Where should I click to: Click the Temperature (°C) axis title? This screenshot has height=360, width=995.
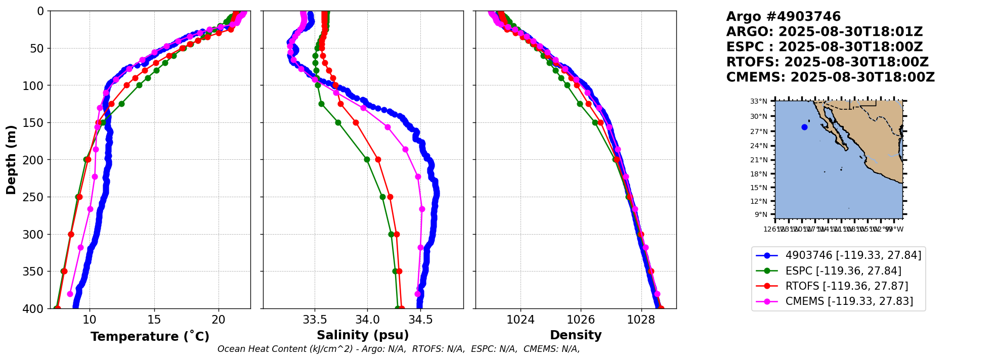pyautogui.click(x=150, y=337)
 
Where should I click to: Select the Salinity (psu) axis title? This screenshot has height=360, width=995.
pyautogui.click(x=363, y=335)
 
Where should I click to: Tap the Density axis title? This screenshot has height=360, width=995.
pyautogui.click(x=576, y=335)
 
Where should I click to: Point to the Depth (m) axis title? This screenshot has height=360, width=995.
pyautogui.click(x=11, y=160)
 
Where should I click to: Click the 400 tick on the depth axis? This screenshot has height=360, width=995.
pyautogui.click(x=36, y=308)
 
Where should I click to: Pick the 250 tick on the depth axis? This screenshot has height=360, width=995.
pyautogui.click(x=36, y=197)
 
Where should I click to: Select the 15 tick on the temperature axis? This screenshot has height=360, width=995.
pyautogui.click(x=154, y=320)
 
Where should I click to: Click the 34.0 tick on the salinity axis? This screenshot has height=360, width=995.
pyautogui.click(x=367, y=320)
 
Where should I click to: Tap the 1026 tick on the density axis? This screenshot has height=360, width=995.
pyautogui.click(x=580, y=320)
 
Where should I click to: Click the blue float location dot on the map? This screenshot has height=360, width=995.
pyautogui.click(x=804, y=127)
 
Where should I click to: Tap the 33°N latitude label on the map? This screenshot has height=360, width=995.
pyautogui.click(x=758, y=102)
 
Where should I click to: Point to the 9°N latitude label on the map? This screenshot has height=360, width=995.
pyautogui.click(x=761, y=214)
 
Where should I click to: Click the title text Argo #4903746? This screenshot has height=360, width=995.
pyautogui.click(x=783, y=17)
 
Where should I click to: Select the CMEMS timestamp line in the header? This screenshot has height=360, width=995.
pyautogui.click(x=830, y=77)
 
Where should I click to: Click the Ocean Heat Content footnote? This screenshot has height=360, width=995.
pyautogui.click(x=398, y=349)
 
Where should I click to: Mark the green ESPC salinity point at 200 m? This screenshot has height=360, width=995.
pyautogui.click(x=367, y=160)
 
